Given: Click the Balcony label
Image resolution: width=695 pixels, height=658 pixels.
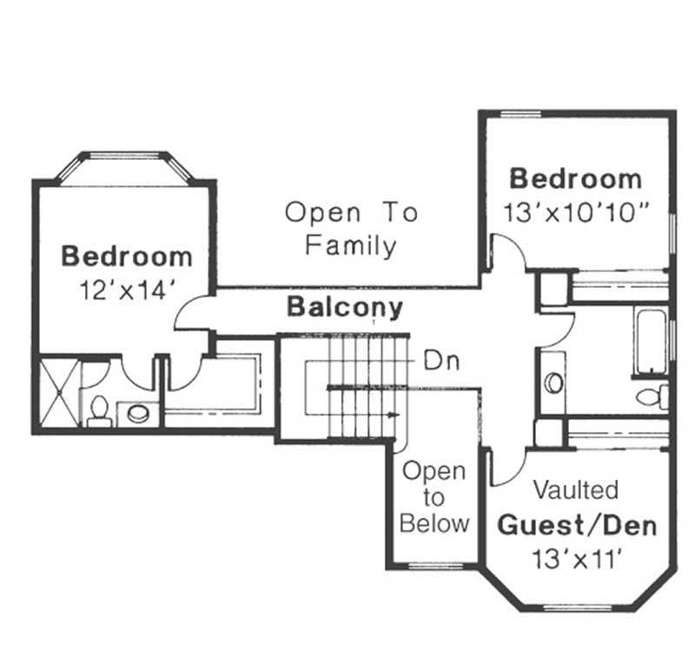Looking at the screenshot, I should (345, 307).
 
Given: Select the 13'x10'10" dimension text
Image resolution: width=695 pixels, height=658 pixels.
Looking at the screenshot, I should (575, 211).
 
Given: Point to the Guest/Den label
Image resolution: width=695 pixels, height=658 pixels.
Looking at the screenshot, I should (576, 525).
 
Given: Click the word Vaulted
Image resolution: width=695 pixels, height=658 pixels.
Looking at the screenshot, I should (575, 489).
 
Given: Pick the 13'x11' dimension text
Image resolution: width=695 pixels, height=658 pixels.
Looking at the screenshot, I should (575, 558).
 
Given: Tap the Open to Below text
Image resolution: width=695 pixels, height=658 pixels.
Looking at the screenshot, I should (434, 497).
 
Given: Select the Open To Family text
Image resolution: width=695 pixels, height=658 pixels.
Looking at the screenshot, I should (351, 229).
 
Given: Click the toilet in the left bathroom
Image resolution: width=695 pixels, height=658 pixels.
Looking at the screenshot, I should (99, 409).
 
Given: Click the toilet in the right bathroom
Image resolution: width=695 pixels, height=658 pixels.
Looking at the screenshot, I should (651, 396).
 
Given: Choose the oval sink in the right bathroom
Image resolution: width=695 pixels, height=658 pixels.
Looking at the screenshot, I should (553, 382).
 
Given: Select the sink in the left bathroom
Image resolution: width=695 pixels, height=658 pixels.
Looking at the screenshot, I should (137, 413).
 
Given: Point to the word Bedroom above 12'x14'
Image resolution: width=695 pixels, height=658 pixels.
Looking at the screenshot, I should (127, 256).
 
